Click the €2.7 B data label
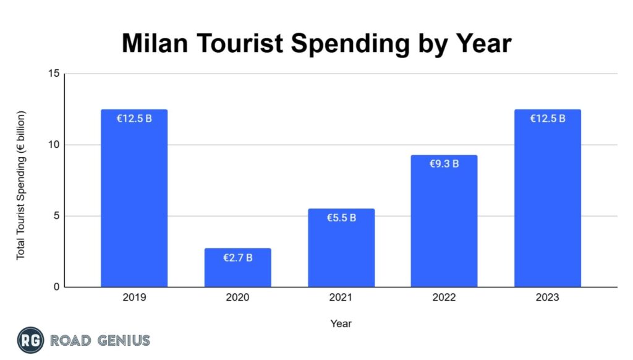(238, 257)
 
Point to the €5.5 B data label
(341, 218)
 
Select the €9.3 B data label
(444, 164)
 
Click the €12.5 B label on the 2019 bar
(134, 119)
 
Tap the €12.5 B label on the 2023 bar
(548, 119)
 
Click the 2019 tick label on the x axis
(134, 298)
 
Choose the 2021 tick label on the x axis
(341, 298)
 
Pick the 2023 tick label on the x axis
(548, 298)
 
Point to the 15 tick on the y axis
(54, 74)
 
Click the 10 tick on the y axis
(54, 145)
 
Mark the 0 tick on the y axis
(56, 287)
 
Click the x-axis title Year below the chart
(341, 323)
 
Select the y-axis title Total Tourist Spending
(21, 186)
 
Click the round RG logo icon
(30, 340)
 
